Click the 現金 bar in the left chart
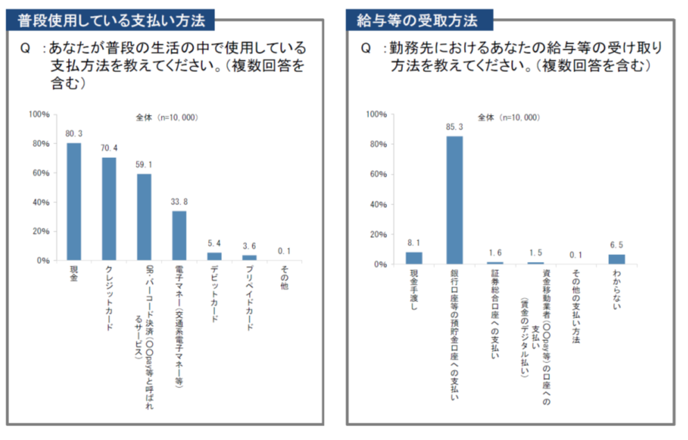[74, 202]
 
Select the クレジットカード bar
[109, 209]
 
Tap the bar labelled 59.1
[144, 218]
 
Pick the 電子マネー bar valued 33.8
[179, 236]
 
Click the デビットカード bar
[214, 257]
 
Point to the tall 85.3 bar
[454, 200]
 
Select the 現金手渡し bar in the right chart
[414, 258]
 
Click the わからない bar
[617, 259]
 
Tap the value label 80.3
[74, 134]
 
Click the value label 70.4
[109, 148]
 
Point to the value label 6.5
[617, 245]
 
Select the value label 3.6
[249, 246]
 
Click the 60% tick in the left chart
[41, 173]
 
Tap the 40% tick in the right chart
[378, 204]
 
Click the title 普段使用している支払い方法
[111, 21]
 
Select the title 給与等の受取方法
[417, 21]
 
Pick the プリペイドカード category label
[249, 298]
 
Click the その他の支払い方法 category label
[576, 306]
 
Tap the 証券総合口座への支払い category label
[495, 314]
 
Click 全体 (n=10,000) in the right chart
[508, 118]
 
